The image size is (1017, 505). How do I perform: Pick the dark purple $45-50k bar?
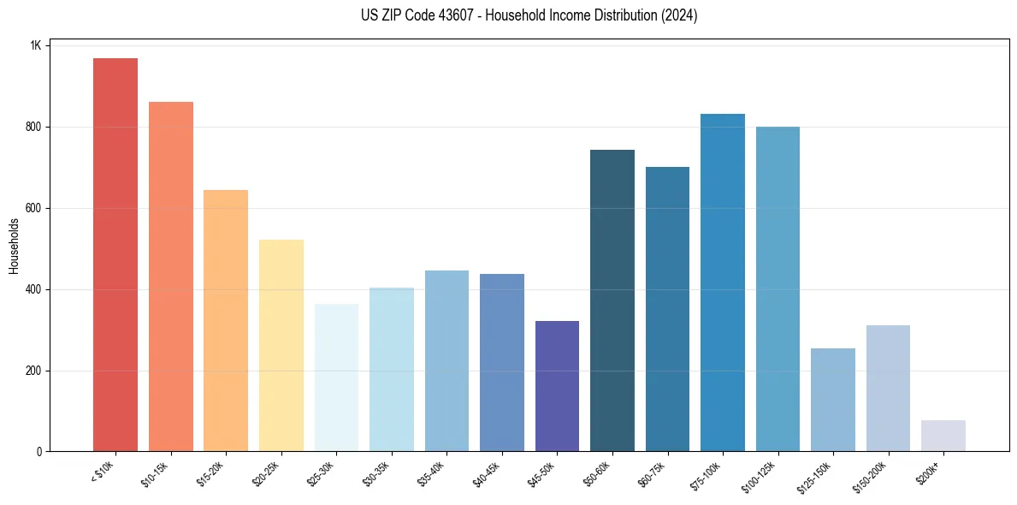557,386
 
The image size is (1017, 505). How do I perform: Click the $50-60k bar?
612,300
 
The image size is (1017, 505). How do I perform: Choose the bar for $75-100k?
723,282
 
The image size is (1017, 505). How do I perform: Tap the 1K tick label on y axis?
35,45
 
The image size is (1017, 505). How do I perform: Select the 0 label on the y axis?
38,452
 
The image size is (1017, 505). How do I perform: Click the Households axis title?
15,246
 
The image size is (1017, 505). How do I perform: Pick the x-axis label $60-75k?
653,474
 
